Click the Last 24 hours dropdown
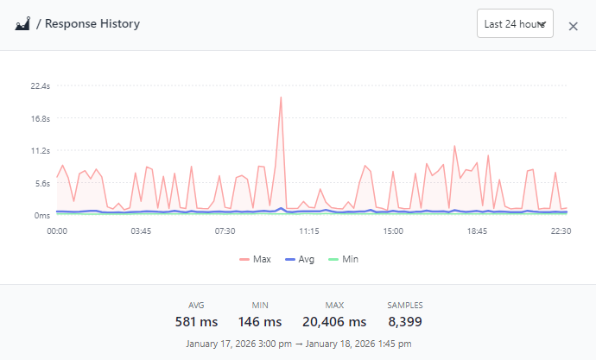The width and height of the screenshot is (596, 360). point(515,24)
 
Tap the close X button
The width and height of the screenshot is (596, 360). point(573,26)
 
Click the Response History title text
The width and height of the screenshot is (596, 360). point(92,24)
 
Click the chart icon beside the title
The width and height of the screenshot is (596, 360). point(23,24)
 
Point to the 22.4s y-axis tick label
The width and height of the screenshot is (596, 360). point(40,86)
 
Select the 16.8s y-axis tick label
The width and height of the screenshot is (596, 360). point(40,118)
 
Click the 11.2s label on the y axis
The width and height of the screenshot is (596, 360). point(40,151)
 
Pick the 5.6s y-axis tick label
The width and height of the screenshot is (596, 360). point(41,183)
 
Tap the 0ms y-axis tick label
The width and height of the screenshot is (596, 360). point(41,215)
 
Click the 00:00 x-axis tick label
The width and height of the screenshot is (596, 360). point(57,231)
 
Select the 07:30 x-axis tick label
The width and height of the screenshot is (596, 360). point(225,231)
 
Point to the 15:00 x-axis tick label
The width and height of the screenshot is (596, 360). point(393,231)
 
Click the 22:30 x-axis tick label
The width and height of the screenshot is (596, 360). point(561,231)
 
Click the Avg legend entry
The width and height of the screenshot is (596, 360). point(299,259)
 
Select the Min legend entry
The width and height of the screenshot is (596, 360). point(343,259)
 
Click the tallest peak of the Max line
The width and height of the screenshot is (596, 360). point(281,98)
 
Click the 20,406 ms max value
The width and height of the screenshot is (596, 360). point(334,322)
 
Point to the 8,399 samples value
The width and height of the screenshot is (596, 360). point(404,322)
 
